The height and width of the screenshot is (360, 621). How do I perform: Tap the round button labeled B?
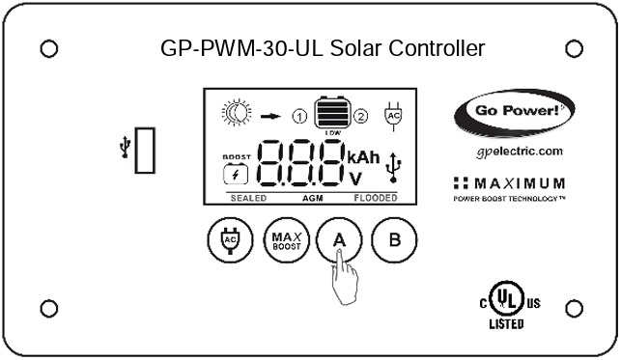pos(392,240)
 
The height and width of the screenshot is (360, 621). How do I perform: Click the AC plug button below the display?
pos(230,240)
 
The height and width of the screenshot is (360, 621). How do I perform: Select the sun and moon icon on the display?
pos(237,113)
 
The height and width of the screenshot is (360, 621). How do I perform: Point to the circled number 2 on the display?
pos(361,117)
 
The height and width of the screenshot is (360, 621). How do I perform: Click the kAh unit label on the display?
pos(363,156)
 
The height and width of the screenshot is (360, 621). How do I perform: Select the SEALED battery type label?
pos(248,197)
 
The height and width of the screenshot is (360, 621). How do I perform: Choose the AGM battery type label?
pos(312,197)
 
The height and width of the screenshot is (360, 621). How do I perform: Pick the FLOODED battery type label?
pos(376,197)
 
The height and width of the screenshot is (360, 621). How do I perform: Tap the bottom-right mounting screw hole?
pos(574,309)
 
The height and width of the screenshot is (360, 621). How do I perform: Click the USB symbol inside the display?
pos(392,167)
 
